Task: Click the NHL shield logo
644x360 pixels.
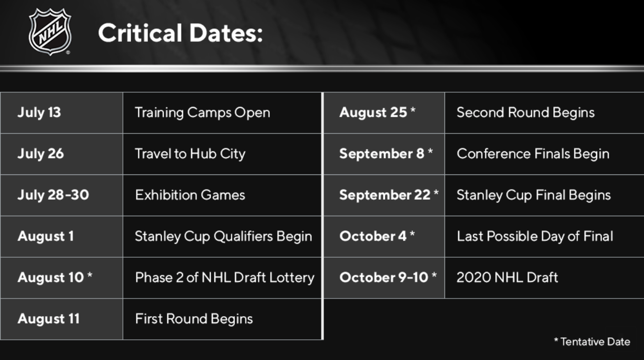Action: coord(50,32)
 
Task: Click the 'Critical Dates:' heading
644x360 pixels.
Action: coord(180,33)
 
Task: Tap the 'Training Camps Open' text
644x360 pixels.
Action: coord(203,112)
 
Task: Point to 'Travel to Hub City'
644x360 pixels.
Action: coord(190,154)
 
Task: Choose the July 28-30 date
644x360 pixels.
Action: coord(53,195)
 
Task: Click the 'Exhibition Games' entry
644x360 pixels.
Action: coord(190,195)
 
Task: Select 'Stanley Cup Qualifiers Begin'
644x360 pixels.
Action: coord(223,236)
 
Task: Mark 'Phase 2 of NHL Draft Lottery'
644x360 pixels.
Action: coord(225,277)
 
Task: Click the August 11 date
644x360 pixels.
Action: coord(48,319)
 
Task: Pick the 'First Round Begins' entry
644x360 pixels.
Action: coord(194,319)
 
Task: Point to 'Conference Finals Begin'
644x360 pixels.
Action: coord(533,154)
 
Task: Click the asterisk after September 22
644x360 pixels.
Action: coord(436,192)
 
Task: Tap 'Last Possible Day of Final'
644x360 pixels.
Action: coord(535,236)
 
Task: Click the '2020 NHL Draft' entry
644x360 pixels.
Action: coord(507,277)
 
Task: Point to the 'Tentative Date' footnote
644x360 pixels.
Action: coord(592,341)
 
